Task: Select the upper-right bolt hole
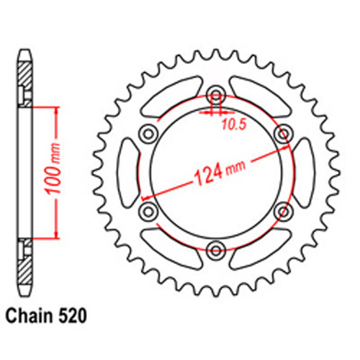coord(284,133)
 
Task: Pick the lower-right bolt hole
coord(284,211)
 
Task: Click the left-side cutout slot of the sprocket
coord(129,172)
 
